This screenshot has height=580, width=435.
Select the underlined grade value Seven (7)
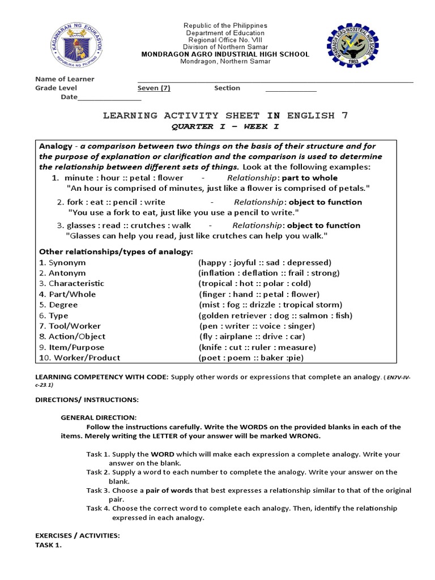point(153,88)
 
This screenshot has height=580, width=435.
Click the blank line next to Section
point(291,89)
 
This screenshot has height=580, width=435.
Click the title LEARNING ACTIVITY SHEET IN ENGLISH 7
point(225,116)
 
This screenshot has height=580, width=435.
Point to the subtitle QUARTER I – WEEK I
point(225,126)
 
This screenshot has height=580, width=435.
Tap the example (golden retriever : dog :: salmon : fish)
point(275,315)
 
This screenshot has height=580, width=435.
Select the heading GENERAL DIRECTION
point(99,417)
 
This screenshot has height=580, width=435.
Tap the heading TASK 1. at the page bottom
point(48,545)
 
